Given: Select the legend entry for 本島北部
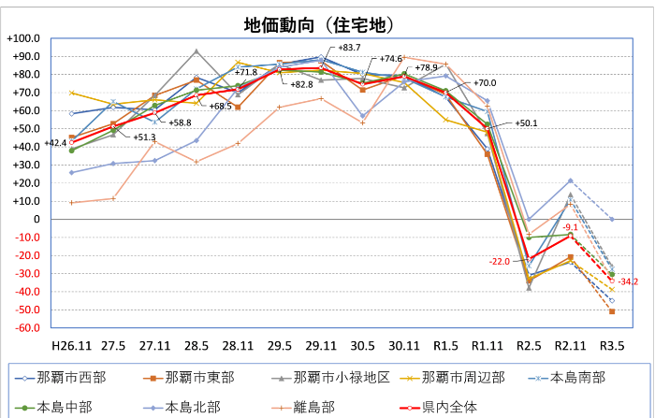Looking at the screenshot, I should tap(193, 407).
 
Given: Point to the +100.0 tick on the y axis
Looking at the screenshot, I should tap(22, 38).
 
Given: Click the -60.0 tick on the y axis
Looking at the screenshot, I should tap(24, 329).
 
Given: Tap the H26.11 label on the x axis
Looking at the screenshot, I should tap(70, 345).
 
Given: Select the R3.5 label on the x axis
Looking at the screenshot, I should tap(611, 345).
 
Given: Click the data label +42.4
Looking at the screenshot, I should tap(53, 144).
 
